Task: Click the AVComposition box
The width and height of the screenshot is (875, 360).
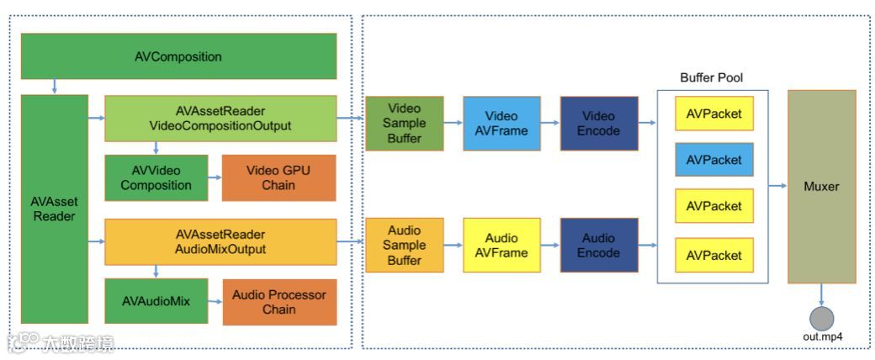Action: click(x=178, y=56)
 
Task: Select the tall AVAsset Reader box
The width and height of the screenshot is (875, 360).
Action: click(x=55, y=209)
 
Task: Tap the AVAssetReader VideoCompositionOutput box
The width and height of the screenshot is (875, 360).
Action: click(x=220, y=118)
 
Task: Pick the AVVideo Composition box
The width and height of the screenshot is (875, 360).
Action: click(x=156, y=177)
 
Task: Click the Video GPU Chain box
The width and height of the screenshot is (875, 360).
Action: click(x=279, y=177)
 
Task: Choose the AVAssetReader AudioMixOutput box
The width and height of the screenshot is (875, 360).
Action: click(x=220, y=241)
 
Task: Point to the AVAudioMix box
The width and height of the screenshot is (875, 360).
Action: click(x=156, y=301)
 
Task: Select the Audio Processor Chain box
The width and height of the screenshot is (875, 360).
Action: click(x=279, y=302)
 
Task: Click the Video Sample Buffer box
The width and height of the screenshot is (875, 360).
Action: click(x=405, y=124)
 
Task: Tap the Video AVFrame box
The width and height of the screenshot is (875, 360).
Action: click(x=501, y=124)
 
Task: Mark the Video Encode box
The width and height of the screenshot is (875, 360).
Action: click(x=599, y=124)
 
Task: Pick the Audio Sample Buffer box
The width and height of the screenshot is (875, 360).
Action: click(x=405, y=245)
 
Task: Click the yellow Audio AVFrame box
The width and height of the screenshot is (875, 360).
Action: click(x=501, y=245)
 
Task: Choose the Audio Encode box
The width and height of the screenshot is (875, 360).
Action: click(x=599, y=245)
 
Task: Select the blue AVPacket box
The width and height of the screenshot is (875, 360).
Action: click(x=714, y=160)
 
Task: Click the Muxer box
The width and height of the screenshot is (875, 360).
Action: click(x=821, y=187)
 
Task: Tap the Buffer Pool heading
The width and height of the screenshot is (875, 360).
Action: click(x=712, y=77)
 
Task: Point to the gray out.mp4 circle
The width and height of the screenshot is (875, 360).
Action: click(x=821, y=319)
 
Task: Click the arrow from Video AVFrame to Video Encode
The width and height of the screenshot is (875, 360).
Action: click(x=551, y=124)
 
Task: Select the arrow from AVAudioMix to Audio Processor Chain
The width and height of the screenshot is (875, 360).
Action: click(x=215, y=301)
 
